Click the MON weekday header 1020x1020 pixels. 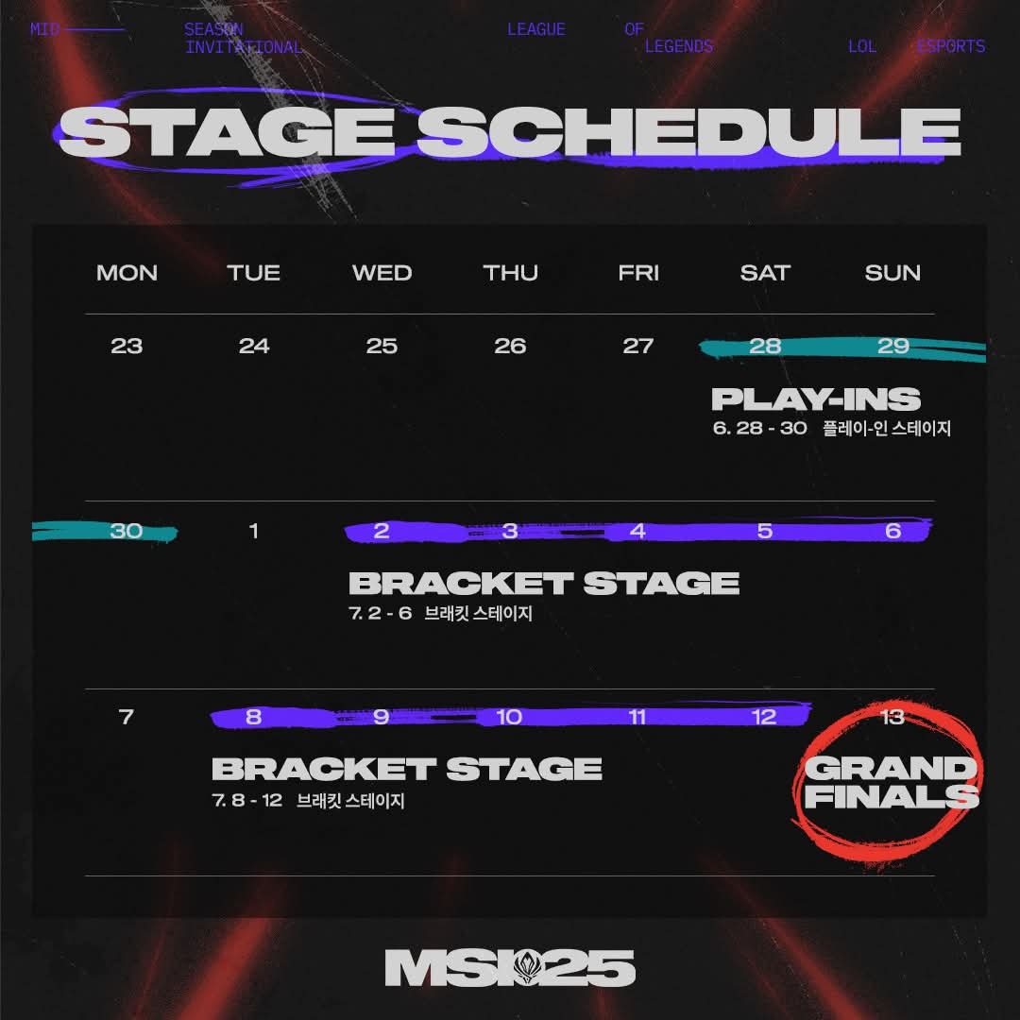tap(127, 273)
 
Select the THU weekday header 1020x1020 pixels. tap(511, 273)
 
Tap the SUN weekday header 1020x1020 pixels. tap(892, 273)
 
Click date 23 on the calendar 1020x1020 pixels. tap(127, 346)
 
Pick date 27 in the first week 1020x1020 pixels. tap(637, 346)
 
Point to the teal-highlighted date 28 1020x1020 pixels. tap(765, 346)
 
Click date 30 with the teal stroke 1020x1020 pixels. tap(127, 531)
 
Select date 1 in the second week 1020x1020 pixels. tap(254, 531)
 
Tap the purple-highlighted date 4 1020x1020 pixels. tap(637, 531)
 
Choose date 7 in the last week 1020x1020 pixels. tap(127, 717)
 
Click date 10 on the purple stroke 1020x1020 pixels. tap(509, 717)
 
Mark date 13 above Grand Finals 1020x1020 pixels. tap(892, 717)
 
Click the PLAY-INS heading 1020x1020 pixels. tap(816, 399)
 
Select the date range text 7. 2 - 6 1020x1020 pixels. tap(381, 613)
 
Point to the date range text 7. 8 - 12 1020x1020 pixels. tap(247, 800)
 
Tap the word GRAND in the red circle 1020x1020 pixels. tap(891, 768)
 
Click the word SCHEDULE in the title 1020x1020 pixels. tap(688, 132)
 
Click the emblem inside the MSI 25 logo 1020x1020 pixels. tap(527, 967)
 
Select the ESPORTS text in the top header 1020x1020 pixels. tap(950, 47)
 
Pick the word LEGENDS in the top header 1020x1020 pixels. tap(679, 47)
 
